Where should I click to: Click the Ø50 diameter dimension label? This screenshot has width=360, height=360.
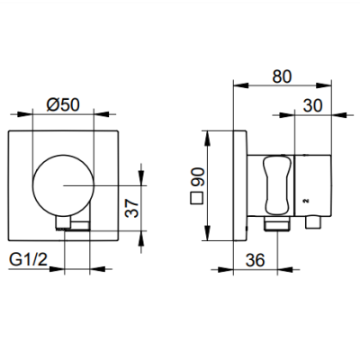tap(63, 104)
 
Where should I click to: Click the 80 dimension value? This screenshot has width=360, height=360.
tap(282, 76)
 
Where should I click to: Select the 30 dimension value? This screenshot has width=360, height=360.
tap(312, 105)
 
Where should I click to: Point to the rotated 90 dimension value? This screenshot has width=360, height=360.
tap(197, 177)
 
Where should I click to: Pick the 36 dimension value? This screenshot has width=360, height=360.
tap(256, 260)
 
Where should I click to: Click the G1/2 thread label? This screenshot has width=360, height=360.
tap(29, 259)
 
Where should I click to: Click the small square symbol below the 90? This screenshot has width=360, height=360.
tap(197, 198)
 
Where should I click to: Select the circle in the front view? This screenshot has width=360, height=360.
tap(63, 185)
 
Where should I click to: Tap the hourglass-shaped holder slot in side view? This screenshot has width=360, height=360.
tap(277, 186)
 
